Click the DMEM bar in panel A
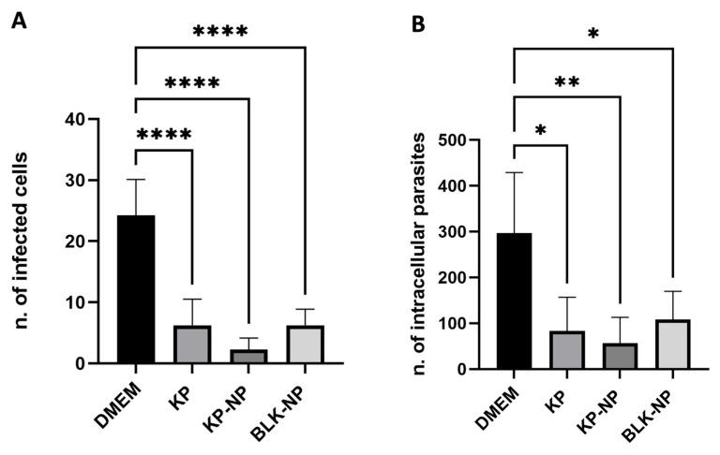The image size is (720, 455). [x=135, y=289]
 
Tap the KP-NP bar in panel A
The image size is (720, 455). [x=248, y=357]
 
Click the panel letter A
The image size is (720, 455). [x=18, y=22]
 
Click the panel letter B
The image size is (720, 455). [x=419, y=22]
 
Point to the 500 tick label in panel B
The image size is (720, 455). [x=455, y=140]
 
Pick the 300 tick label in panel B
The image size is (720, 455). [x=455, y=232]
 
